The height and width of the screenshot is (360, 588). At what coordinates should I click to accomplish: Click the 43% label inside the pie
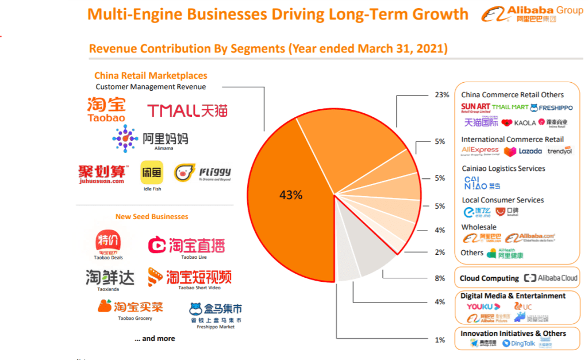290,195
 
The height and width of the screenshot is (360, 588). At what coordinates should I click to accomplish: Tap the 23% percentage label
441,95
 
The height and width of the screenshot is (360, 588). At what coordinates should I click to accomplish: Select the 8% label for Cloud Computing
440,278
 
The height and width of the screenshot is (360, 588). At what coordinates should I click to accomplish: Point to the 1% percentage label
440,340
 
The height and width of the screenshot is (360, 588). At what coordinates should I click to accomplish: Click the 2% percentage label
440,252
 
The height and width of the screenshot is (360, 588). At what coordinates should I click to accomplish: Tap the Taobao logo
106,109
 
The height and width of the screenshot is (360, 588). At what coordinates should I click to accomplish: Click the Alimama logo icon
125,139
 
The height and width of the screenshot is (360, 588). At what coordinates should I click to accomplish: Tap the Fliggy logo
202,173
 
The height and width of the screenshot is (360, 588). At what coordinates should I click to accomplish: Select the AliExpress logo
480,151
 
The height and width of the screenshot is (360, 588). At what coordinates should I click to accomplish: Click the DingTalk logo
518,343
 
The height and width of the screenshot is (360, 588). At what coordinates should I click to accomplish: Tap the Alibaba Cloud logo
551,278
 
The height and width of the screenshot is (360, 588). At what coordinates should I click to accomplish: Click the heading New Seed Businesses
152,217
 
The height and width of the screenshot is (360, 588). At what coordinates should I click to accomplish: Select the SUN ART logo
475,107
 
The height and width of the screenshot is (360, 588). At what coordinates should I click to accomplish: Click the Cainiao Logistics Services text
504,168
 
